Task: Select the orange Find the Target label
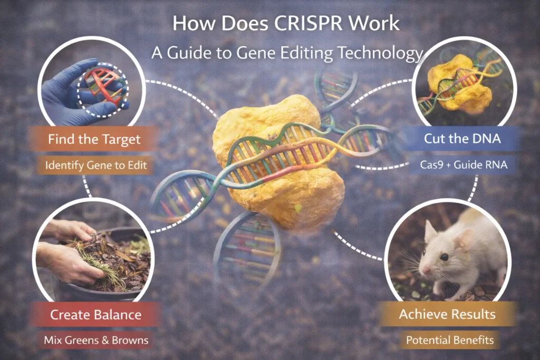94,139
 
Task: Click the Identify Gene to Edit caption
94,165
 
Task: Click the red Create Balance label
95,315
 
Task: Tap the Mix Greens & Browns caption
95,340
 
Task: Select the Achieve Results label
447,315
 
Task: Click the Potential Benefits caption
450,340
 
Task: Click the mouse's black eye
445,257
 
